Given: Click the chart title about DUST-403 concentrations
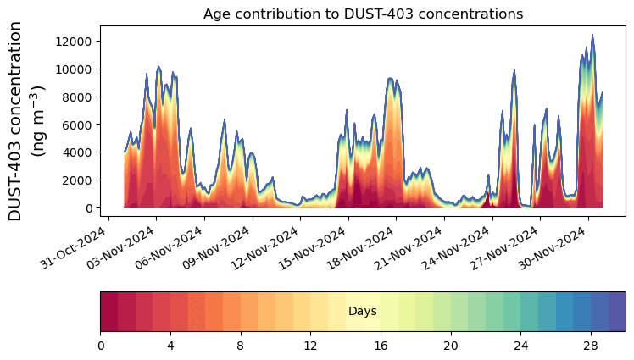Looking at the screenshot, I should [363, 14].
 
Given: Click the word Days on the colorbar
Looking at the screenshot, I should [363, 312].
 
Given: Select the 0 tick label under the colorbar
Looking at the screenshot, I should [101, 346].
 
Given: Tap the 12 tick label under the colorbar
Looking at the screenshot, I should [310, 346].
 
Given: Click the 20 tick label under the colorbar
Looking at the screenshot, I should [450, 346].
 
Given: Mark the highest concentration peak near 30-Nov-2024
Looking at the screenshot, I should [592, 36].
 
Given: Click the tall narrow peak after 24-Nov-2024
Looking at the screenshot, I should [514, 72].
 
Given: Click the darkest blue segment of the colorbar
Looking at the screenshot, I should [617, 311].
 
